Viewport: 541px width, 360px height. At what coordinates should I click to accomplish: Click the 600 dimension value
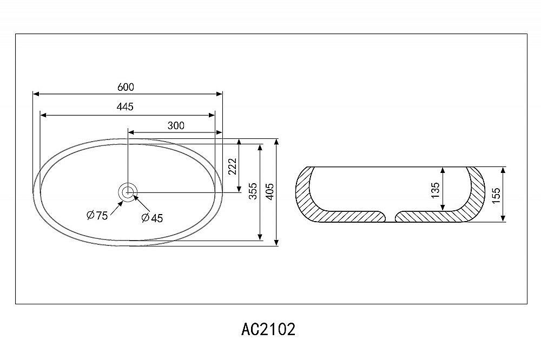point(126,87)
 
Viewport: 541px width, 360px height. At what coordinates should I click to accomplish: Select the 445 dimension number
point(125,106)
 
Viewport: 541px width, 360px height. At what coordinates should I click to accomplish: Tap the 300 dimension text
point(176,125)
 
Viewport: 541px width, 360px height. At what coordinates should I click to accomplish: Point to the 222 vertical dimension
point(233,166)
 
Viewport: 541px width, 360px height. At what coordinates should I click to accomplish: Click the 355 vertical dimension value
point(253,191)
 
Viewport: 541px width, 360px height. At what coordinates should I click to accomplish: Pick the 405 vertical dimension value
point(270,191)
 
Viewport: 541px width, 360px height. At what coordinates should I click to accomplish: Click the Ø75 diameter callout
point(97,216)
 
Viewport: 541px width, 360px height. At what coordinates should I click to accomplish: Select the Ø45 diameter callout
point(152,218)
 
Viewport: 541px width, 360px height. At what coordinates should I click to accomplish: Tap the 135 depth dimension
point(436,190)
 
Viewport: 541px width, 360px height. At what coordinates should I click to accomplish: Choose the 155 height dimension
point(496,196)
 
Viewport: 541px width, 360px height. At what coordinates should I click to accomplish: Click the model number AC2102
point(268,329)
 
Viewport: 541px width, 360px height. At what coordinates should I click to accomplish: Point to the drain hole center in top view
point(128,192)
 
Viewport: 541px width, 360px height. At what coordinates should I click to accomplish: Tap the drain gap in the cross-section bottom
point(390,217)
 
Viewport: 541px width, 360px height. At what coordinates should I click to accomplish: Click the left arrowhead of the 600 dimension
point(37,94)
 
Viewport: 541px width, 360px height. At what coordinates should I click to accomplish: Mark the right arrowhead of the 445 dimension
point(212,115)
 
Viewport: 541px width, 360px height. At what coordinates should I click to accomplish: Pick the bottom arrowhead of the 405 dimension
point(276,242)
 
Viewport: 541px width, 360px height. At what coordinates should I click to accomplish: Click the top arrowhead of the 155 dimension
point(503,170)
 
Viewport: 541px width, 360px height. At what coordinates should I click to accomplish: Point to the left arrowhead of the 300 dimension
point(131,132)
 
